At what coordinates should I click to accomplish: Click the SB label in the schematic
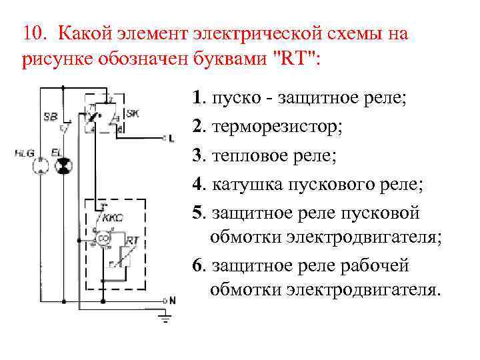[50, 116]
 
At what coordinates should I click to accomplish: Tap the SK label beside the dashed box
[132, 113]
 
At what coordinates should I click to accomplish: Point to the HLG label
[23, 153]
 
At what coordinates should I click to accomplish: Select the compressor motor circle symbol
[103, 239]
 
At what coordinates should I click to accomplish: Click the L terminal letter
[171, 139]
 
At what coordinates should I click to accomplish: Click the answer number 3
[196, 155]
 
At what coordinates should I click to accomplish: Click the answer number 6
[196, 265]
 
